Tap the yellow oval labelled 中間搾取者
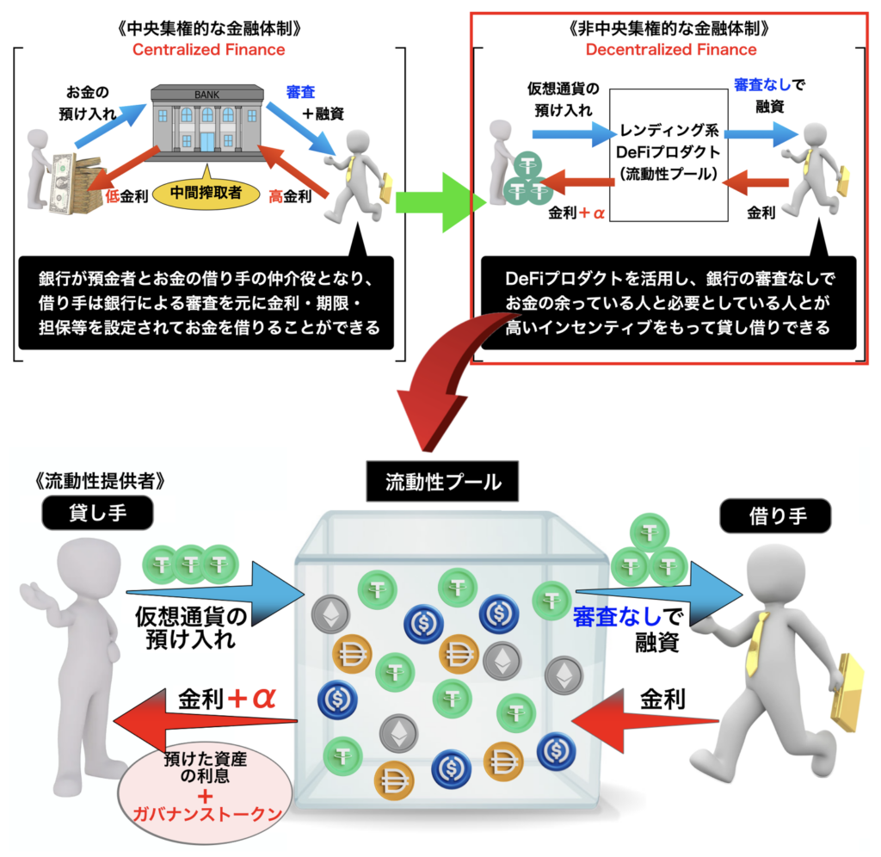click(x=206, y=193)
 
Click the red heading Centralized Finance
click(x=208, y=49)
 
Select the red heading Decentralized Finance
click(x=671, y=49)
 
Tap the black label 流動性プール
click(x=443, y=482)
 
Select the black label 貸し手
click(x=98, y=513)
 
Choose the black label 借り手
click(x=776, y=516)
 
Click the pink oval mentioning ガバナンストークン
click(x=206, y=793)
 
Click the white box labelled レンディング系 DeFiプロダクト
click(x=668, y=155)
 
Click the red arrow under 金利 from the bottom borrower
click(x=645, y=721)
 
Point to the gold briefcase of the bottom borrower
click(x=847, y=694)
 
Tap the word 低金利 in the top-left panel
click(x=126, y=196)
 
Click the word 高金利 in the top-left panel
click(x=289, y=196)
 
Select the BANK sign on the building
click(x=206, y=95)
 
